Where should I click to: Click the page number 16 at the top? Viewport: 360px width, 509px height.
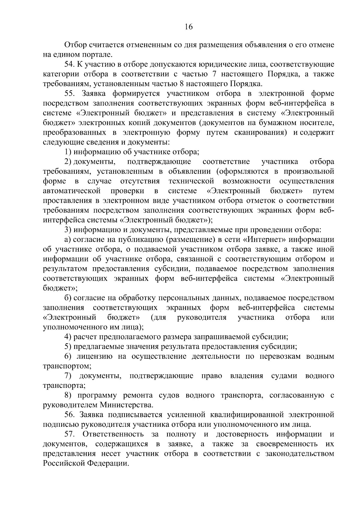pyautogui.click(x=188, y=27)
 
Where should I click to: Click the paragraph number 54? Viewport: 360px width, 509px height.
pyautogui.click(x=69, y=64)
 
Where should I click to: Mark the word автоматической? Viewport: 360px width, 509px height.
pyautogui.click(x=71, y=191)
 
